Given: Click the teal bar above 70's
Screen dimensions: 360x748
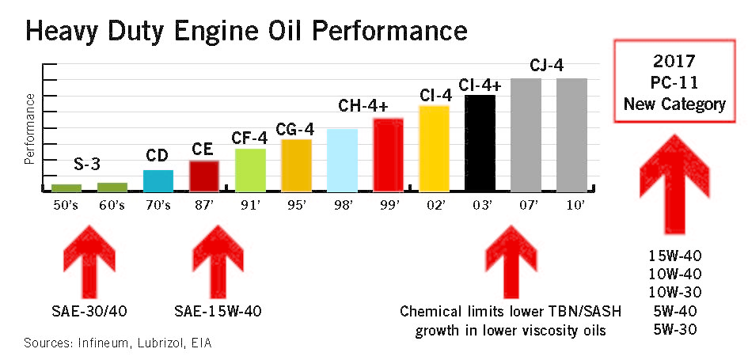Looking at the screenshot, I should pos(158,180).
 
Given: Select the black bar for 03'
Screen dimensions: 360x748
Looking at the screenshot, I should pos(480,143).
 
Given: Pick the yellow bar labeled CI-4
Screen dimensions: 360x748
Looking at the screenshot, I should pos(434,149).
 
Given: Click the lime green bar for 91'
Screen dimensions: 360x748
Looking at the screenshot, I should pos(250,170).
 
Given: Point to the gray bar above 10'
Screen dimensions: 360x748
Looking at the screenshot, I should pos(571,135).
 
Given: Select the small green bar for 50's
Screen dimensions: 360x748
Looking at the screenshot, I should pos(66,188).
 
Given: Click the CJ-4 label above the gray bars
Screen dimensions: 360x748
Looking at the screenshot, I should pos(547,66).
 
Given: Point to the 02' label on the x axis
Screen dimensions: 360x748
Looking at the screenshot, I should pos(434,206).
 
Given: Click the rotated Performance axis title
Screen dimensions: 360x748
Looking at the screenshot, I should pos(29,128).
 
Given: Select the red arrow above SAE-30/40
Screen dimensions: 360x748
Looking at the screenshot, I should pos(89,260).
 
